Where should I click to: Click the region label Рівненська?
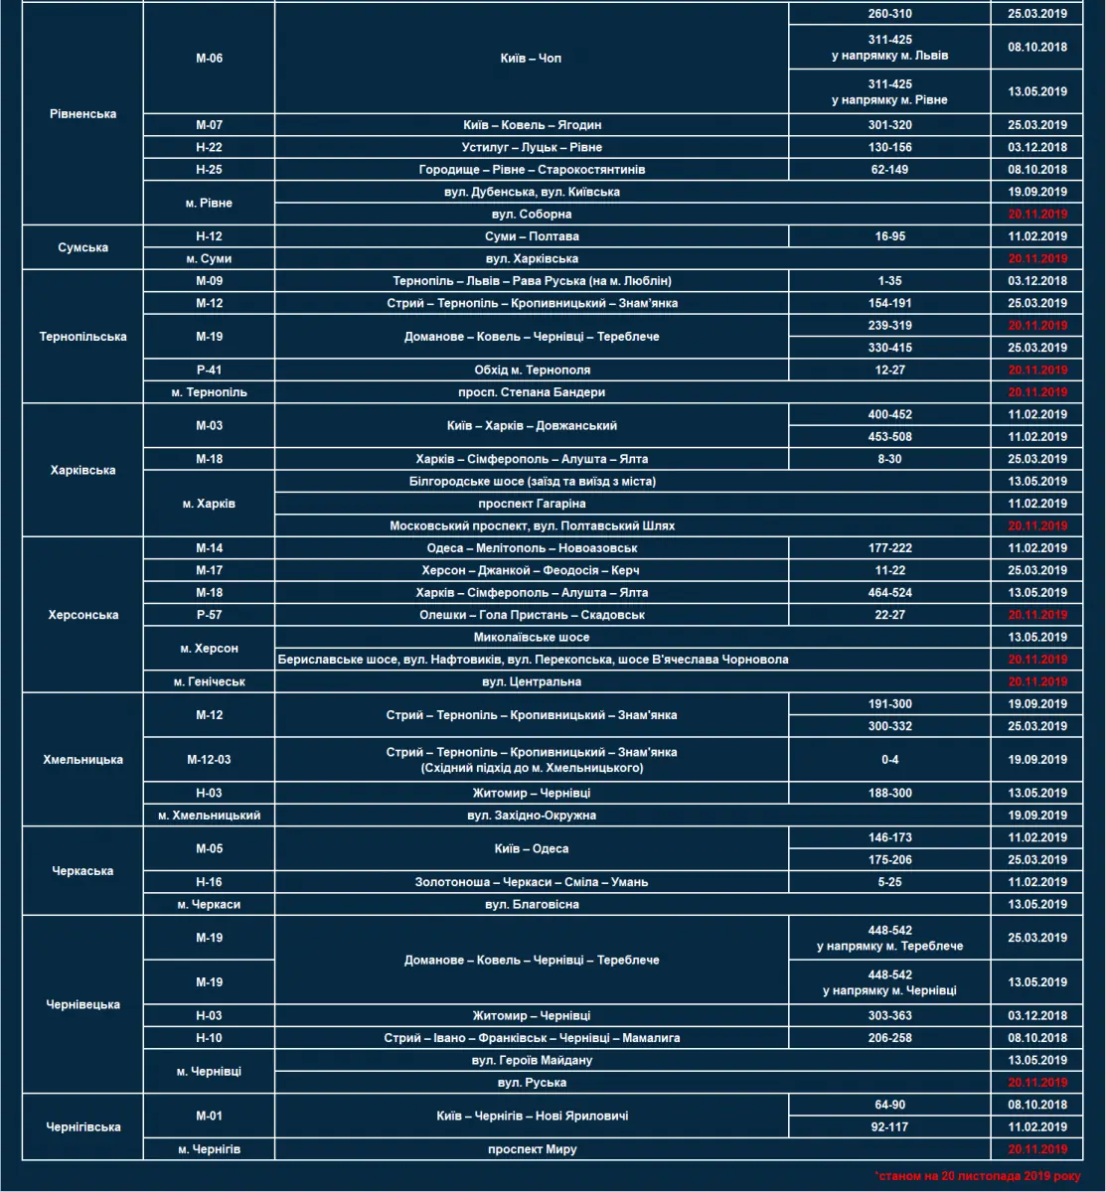83,114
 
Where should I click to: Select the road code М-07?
210,125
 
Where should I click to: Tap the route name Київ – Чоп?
531,59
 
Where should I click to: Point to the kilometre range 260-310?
889,14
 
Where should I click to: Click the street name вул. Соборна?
532,215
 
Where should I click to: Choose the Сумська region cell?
83,248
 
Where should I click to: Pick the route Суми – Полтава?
532,236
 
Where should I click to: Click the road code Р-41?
210,371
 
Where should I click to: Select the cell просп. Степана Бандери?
532,392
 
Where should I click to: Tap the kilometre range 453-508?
889,437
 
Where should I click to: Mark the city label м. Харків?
210,504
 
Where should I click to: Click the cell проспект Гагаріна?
532,504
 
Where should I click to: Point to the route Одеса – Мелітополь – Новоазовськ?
532,548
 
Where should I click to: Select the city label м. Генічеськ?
210,681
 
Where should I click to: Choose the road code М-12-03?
210,760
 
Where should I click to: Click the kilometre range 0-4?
889,760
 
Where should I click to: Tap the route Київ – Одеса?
532,848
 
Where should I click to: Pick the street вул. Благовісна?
532,905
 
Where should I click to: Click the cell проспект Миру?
532,1149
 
